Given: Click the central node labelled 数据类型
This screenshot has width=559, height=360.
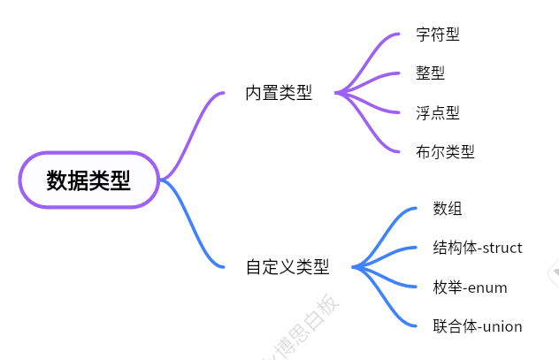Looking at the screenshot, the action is tap(88, 180).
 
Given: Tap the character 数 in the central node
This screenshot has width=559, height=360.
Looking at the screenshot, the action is tap(57, 181).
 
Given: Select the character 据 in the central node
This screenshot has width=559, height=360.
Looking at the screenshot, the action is tap(78, 181).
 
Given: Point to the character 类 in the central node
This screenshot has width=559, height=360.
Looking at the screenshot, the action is tap(99, 181).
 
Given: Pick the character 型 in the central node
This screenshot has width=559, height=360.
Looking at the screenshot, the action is tap(120, 181).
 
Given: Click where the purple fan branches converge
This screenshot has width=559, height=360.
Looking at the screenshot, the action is tap(338, 92).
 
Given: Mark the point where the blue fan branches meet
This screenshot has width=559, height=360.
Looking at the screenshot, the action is tap(354, 266).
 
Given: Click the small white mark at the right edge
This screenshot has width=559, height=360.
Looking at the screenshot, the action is tap(555, 272).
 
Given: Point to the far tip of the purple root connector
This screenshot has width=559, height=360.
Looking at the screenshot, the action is tap(223, 92).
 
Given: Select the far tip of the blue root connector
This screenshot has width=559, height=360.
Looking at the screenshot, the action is tap(223, 266).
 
